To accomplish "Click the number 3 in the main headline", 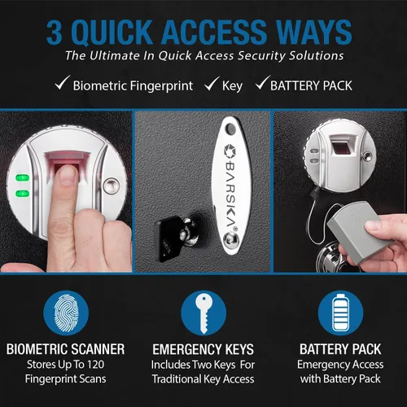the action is tap(55, 33).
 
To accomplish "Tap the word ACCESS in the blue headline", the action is tap(215, 33).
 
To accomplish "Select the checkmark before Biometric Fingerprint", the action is tap(63, 82).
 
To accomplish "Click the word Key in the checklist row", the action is tap(232, 86).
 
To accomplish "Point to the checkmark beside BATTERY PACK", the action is tap(263, 82).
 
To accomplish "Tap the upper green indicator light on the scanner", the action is tap(23, 177).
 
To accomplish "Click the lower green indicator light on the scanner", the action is tap(23, 194).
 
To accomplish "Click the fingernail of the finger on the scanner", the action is tap(67, 174).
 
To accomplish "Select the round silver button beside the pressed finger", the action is tap(112, 186).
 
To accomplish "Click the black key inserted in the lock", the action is tap(168, 239).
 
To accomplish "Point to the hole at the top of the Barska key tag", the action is tap(230, 128).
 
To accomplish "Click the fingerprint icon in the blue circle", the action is tap(66, 313).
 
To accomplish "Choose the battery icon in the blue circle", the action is tap(340, 312).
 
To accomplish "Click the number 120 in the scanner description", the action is tap(95, 365).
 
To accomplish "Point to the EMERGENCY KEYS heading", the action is tap(203, 349).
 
